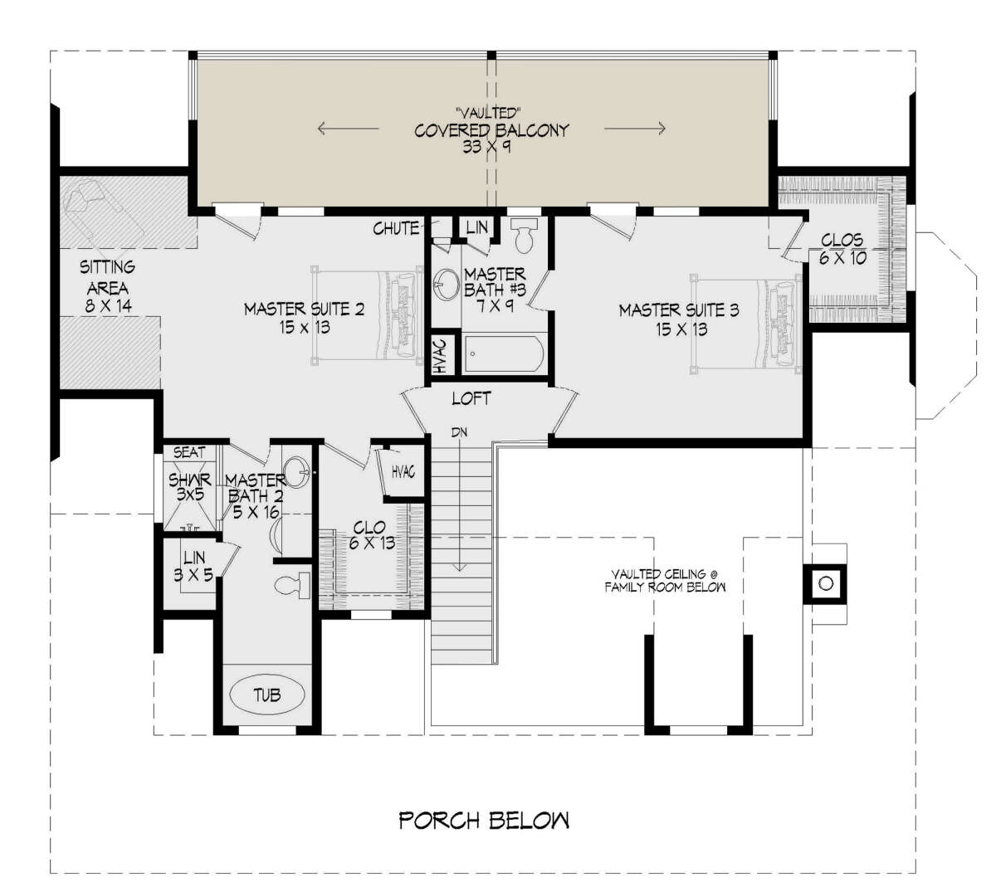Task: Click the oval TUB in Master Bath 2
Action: point(267,694)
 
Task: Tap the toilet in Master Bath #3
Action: point(524,236)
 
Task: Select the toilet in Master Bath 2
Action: point(292,585)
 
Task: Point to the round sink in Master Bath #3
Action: point(447,284)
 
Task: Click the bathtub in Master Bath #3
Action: point(505,353)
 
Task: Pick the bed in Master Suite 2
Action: point(367,315)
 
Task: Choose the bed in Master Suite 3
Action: point(746,324)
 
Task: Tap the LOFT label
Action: point(471,398)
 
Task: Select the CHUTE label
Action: point(396,228)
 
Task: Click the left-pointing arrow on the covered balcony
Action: point(349,129)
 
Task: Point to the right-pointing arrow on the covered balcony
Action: point(635,129)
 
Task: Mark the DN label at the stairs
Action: point(459,432)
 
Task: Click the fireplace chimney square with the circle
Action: point(826,583)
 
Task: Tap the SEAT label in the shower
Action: point(189,452)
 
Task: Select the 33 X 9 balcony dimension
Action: point(486,146)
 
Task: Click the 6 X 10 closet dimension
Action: point(842,257)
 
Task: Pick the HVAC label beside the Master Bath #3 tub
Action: point(440,355)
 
